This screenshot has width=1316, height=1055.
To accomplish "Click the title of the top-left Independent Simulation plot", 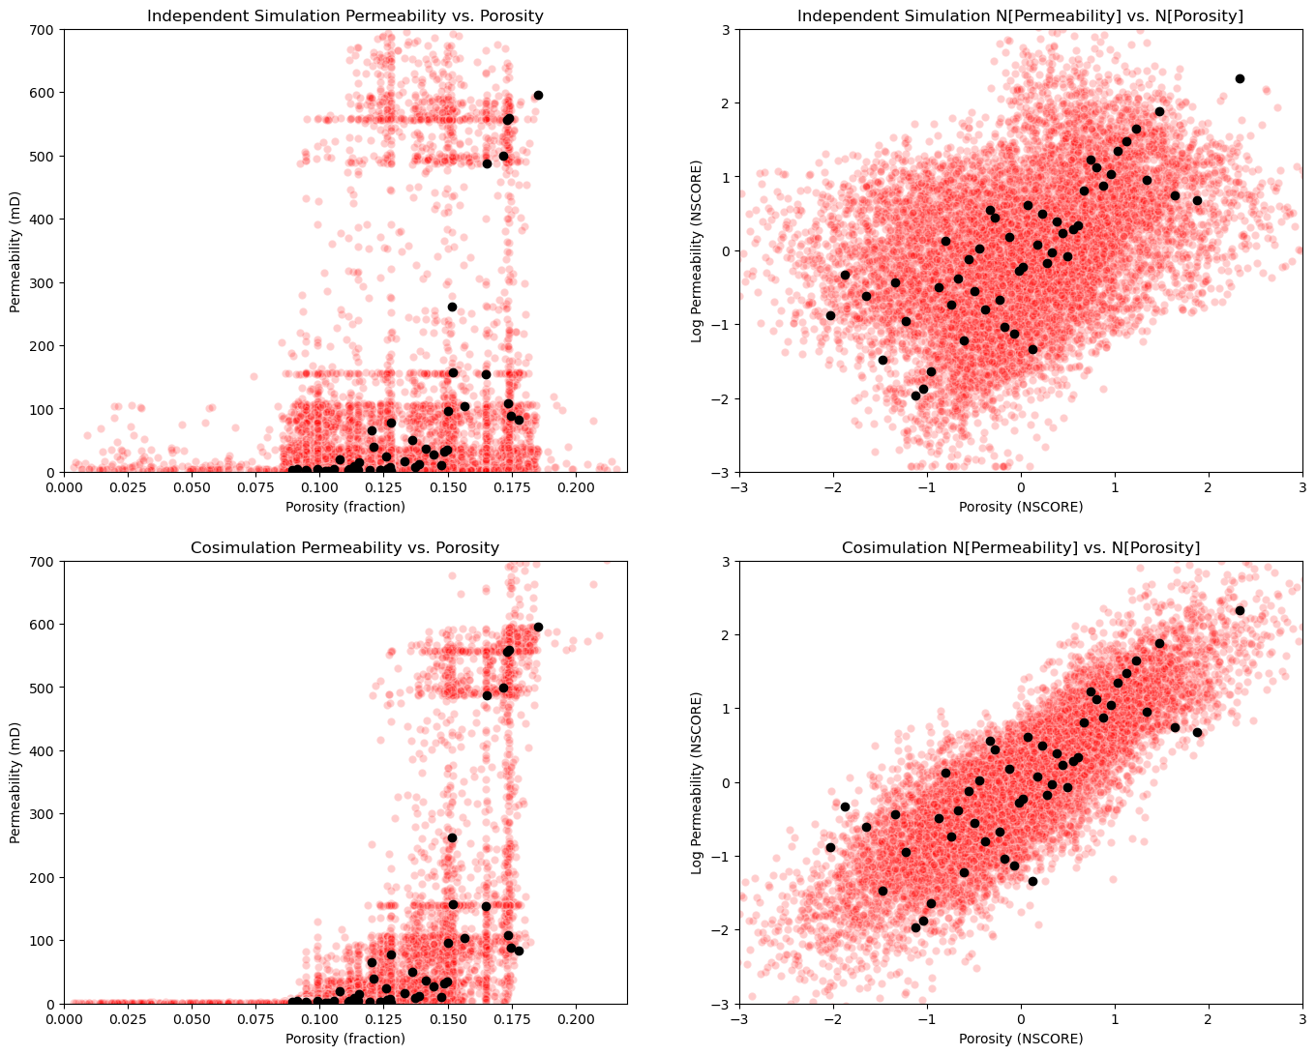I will pos(344,15).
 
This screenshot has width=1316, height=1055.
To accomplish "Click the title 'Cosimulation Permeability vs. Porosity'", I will pos(344,547).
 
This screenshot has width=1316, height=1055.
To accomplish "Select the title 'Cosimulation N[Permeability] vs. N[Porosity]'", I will pos(1020,547).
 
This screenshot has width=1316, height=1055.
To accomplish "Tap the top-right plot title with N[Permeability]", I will pos(1020,15).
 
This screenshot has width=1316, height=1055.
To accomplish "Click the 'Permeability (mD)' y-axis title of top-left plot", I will pos(15,250).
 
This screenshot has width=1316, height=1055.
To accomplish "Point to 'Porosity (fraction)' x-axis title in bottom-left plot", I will pos(344,1039).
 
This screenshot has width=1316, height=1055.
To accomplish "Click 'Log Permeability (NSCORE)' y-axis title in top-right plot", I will pos(697,250).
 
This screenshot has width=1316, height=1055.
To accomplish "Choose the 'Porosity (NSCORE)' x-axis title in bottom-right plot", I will pos(1020,1039).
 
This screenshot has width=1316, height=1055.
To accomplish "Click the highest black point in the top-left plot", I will pos(538,95).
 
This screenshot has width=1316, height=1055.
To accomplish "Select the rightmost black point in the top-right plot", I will pos(1240,78).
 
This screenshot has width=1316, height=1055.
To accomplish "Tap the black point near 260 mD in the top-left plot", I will pos(452,307).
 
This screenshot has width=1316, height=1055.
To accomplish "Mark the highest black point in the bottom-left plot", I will pos(538,627).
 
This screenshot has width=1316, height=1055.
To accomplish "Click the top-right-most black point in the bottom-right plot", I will pos(1240,610).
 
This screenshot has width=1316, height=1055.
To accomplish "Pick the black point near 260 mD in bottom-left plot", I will pos(452,837).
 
